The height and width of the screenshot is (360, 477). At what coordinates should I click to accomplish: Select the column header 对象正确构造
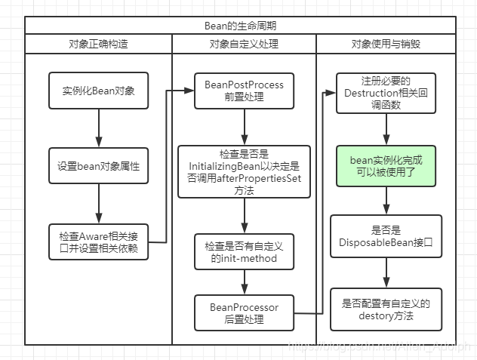tap(98, 44)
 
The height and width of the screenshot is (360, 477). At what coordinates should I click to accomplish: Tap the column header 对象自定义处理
tap(245, 44)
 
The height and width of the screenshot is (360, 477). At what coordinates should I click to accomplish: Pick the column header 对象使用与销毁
tap(386, 44)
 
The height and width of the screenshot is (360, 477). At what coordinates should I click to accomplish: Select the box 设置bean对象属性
tap(98, 166)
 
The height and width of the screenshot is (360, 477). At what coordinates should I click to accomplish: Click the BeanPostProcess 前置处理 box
tap(244, 91)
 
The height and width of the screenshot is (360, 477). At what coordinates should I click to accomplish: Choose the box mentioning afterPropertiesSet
tap(244, 171)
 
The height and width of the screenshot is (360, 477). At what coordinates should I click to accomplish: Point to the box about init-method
tap(244, 253)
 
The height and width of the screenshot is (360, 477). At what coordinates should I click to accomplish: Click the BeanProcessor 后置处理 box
tap(244, 313)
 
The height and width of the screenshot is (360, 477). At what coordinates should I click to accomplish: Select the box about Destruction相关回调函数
tap(386, 92)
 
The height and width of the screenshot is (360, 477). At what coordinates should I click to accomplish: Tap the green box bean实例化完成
tap(386, 166)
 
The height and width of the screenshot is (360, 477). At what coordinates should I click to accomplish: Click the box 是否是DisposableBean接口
tap(386, 236)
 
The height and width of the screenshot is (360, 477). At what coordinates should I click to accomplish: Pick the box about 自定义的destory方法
tap(386, 309)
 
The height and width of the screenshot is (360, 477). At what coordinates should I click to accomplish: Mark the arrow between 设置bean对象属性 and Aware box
tap(98, 204)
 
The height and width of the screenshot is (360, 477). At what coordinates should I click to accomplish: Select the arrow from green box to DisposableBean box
tap(386, 201)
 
